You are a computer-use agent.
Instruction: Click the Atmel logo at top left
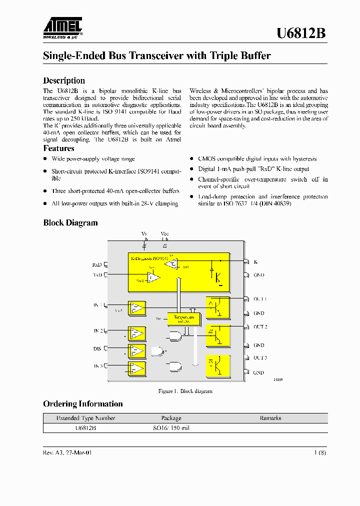62,28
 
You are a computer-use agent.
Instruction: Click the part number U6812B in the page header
301,33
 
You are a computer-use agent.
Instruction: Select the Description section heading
64,80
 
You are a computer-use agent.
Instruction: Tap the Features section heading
58,148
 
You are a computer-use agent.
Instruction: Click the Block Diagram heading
70,223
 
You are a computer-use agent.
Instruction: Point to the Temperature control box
184,319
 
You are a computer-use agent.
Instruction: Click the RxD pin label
97,264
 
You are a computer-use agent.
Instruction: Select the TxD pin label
97,275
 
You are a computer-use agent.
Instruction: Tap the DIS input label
97,348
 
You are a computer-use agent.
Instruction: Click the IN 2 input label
98,331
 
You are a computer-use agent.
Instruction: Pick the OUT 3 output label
260,358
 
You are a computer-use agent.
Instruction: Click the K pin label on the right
255,261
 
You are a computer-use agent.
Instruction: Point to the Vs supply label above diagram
144,234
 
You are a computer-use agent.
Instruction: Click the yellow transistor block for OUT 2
218,335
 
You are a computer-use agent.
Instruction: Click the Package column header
171,418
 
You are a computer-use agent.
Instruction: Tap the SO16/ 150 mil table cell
171,428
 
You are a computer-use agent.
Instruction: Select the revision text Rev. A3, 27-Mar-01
67,452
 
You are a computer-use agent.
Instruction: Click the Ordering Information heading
83,404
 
